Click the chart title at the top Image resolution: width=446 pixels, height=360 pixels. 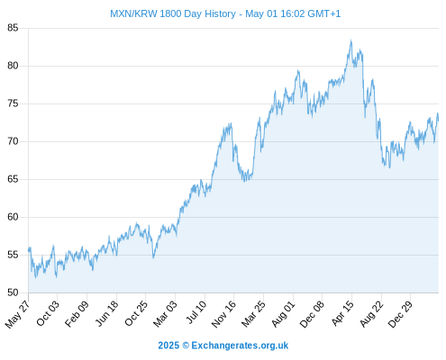(x=225, y=13)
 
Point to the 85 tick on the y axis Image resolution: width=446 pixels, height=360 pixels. (x=13, y=28)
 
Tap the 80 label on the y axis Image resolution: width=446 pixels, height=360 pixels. (x=13, y=66)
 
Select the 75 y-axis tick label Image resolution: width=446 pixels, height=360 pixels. (x=13, y=103)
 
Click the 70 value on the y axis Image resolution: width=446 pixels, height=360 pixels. (x=13, y=141)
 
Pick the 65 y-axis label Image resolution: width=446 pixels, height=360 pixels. (x=13, y=179)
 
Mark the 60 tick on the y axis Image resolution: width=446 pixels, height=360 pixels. (x=13, y=217)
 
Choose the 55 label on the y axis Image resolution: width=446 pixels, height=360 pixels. (x=13, y=255)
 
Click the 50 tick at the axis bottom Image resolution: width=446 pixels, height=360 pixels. (x=13, y=292)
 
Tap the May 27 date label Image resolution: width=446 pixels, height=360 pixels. (x=17, y=314)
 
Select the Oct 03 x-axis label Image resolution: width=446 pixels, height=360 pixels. (x=48, y=313)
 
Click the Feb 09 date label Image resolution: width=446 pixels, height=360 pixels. (x=77, y=313)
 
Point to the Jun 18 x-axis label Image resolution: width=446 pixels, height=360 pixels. (x=106, y=313)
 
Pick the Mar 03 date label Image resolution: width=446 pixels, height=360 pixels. (x=165, y=313)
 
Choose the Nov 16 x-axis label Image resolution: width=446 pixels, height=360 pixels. (x=223, y=314)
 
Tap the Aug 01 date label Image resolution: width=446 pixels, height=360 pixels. (x=283, y=313)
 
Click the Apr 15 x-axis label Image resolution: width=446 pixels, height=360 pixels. (x=343, y=313)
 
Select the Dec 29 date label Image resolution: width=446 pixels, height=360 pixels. (x=400, y=314)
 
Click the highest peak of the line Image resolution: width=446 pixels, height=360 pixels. (x=350, y=40)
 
